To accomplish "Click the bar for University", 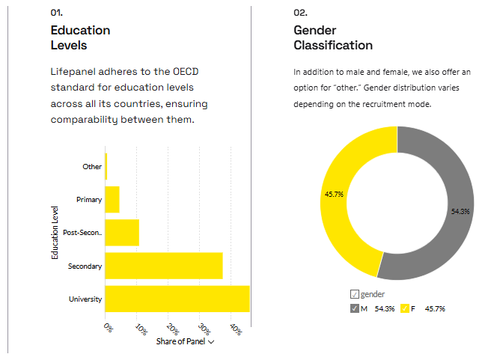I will pyautogui.click(x=177, y=299).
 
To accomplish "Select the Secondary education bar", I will pyautogui.click(x=164, y=266).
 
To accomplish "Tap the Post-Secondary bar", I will pyautogui.click(x=122, y=233).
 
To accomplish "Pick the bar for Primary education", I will pyautogui.click(x=112, y=200).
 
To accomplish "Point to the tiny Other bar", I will pyautogui.click(x=106, y=166).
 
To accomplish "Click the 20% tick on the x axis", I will pyautogui.click(x=172, y=329).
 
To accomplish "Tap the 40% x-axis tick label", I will pyautogui.click(x=235, y=329).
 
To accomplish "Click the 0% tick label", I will pyautogui.click(x=109, y=329).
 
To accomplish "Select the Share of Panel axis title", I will pyautogui.click(x=181, y=342).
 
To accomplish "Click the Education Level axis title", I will pyautogui.click(x=55, y=233).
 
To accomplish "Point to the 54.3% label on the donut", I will pyautogui.click(x=460, y=212).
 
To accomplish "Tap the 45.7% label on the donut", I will pyautogui.click(x=334, y=195).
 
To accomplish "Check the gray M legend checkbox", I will pyautogui.click(x=354, y=308).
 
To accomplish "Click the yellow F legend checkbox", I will pyautogui.click(x=405, y=308).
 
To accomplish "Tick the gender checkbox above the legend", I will pyautogui.click(x=354, y=295).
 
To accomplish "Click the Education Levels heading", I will pyautogui.click(x=80, y=37).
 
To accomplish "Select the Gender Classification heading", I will pyautogui.click(x=333, y=37).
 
